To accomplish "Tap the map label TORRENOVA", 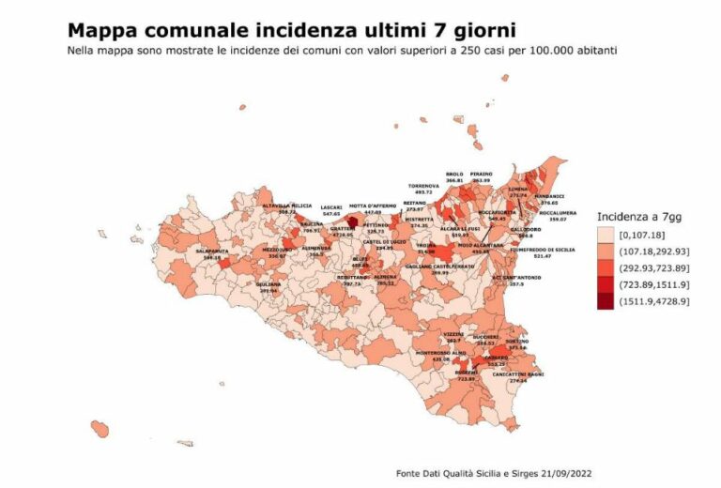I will (423, 186).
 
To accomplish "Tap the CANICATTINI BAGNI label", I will (517, 374).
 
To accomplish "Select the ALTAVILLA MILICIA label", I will (286, 206).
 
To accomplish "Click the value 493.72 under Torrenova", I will (423, 192).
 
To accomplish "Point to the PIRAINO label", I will (482, 175).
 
